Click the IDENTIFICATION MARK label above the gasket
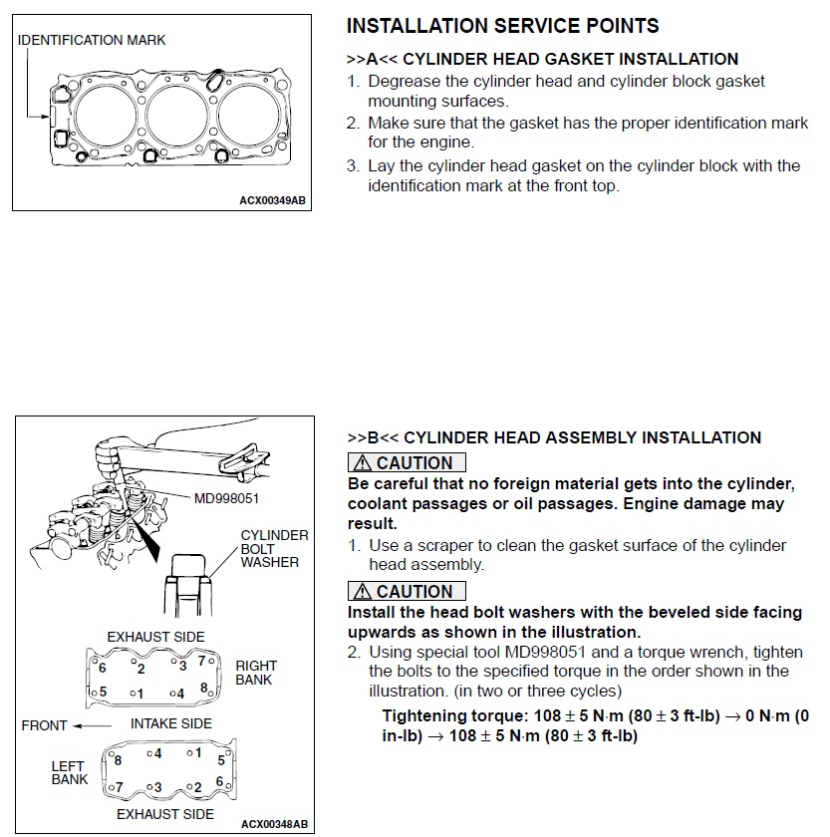pyautogui.click(x=92, y=40)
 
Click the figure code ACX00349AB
pyautogui.click(x=272, y=200)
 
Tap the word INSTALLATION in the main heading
pyautogui.click(x=420, y=26)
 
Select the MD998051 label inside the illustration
pyautogui.click(x=225, y=498)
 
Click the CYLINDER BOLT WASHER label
pyautogui.click(x=274, y=548)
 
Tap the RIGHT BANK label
pyautogui.click(x=256, y=673)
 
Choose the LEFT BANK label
pyautogui.click(x=70, y=772)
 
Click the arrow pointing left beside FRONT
pyautogui.click(x=94, y=725)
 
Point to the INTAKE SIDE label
pyautogui.click(x=171, y=723)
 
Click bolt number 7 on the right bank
pyautogui.click(x=200, y=660)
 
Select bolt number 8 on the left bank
pyautogui.click(x=118, y=760)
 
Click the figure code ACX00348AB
pyautogui.click(x=274, y=824)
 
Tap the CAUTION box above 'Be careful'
pyautogui.click(x=407, y=463)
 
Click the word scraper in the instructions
pyautogui.click(x=456, y=545)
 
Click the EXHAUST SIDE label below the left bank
pyautogui.click(x=165, y=814)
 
